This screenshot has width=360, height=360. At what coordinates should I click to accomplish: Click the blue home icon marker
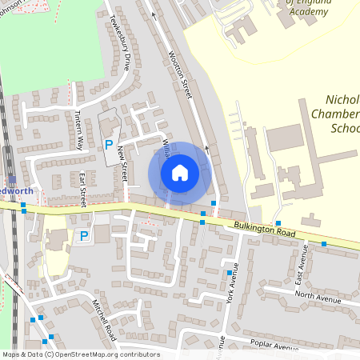click(180, 172)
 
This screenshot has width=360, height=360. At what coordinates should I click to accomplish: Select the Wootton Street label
click(182, 76)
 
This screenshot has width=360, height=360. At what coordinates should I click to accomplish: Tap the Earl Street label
click(82, 188)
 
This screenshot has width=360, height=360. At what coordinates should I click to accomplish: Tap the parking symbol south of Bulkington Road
click(83, 236)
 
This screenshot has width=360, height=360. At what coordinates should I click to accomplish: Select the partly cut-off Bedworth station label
click(15, 192)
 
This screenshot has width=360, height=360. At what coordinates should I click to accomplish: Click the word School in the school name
click(345, 128)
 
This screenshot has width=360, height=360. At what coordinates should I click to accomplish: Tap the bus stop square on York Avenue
click(229, 273)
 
